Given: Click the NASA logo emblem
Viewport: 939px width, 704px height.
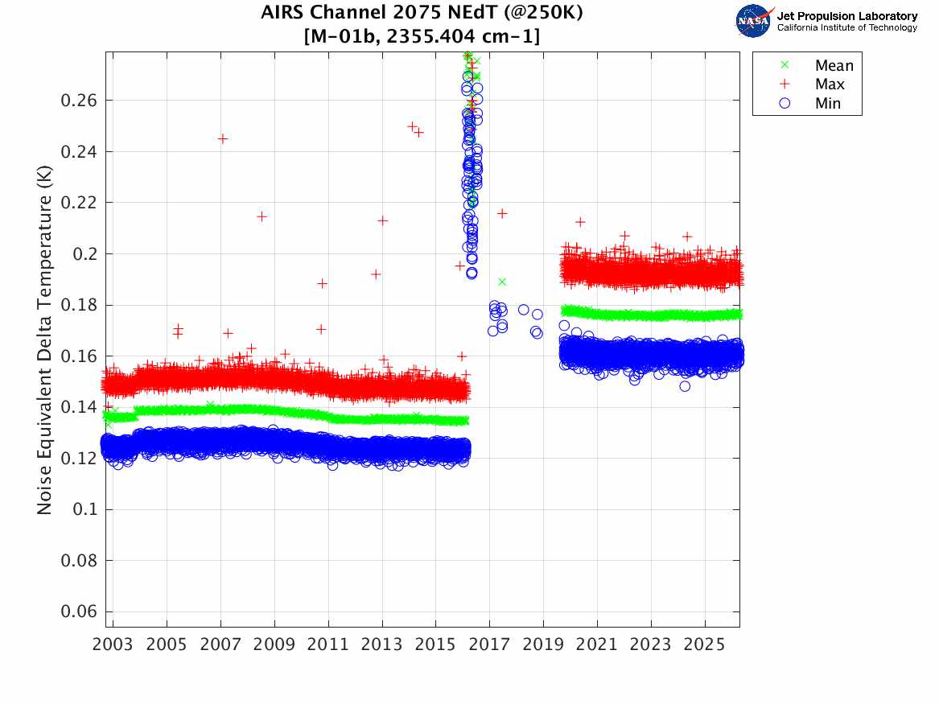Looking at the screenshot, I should click(x=753, y=21).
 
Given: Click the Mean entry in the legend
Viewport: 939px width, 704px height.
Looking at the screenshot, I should click(x=834, y=66).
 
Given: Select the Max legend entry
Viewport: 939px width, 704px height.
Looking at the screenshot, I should click(x=830, y=84).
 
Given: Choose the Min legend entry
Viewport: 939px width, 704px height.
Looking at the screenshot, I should click(x=828, y=103).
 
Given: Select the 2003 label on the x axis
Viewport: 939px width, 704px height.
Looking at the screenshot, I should click(x=113, y=644).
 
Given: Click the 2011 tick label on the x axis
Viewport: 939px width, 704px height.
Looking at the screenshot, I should click(x=328, y=644).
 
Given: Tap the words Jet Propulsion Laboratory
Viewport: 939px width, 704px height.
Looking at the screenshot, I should click(x=846, y=16).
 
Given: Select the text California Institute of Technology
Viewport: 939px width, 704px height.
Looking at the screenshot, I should click(x=846, y=27).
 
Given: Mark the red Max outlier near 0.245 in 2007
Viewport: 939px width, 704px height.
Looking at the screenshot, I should click(x=223, y=138).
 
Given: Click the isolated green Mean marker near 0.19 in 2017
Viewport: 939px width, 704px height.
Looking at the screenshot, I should click(x=501, y=282).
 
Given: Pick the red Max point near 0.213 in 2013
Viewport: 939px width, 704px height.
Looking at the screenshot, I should click(x=383, y=220).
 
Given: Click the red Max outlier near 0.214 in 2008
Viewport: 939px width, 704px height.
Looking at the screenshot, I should click(x=262, y=216).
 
